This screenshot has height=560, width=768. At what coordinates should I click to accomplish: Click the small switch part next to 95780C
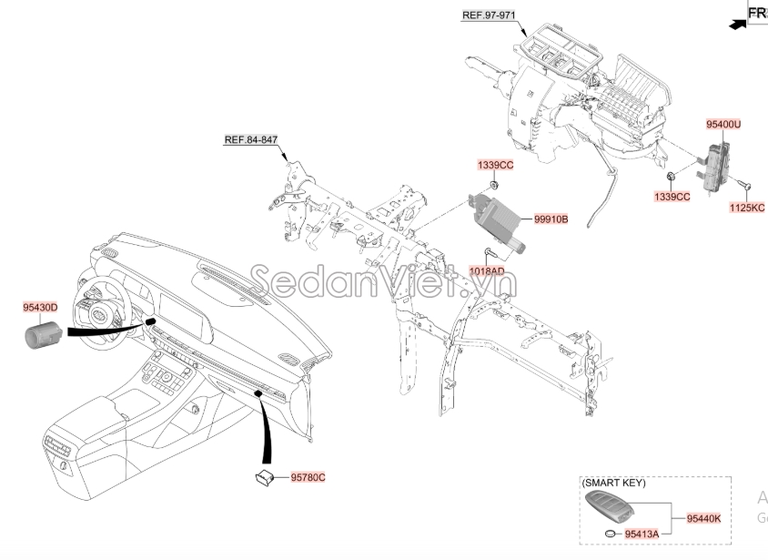pos(266,475)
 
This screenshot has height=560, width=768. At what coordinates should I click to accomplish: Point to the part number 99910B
pos(551,219)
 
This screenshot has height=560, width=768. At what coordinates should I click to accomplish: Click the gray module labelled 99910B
pos(494,219)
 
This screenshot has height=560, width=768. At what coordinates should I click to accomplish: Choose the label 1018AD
pos(487,270)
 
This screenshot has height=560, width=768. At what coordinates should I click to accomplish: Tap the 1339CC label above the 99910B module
pos(496,165)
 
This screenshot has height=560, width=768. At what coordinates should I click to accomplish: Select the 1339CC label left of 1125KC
pos(672,196)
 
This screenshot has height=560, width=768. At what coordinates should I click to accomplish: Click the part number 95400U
pos(724,122)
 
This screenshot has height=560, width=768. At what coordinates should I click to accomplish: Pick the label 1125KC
pos(747,208)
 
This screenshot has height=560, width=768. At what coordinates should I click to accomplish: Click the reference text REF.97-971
pos(488,15)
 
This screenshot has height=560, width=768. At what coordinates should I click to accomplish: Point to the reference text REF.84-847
pos(251,139)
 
